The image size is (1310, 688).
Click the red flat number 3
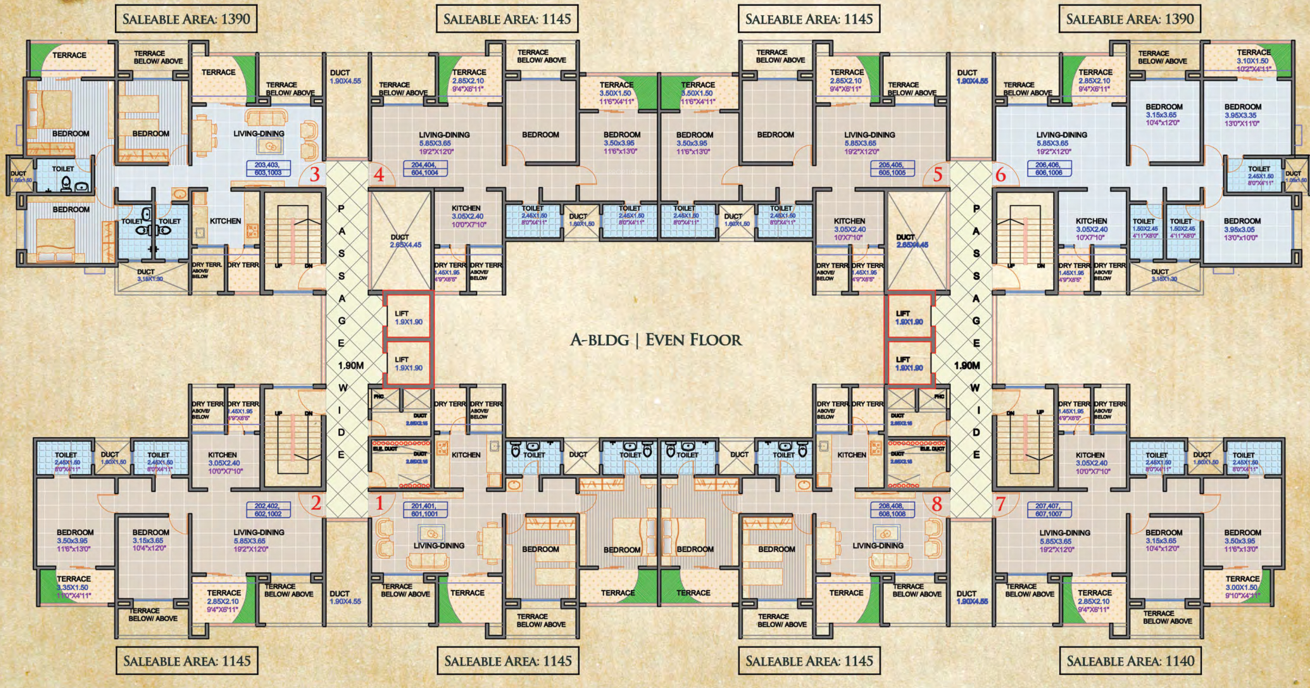coord(315,175)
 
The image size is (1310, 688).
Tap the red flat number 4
coord(378,175)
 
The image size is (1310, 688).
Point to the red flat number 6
coord(1000,175)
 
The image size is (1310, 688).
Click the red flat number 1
coord(378,504)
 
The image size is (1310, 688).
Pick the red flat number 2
coord(316,504)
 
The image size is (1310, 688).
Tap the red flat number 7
coord(1000,504)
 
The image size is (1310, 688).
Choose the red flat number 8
coord(937,504)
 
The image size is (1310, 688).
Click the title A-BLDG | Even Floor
coord(655,340)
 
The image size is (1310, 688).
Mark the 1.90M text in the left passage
coord(351,365)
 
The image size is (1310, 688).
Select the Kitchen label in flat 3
coord(225,221)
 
